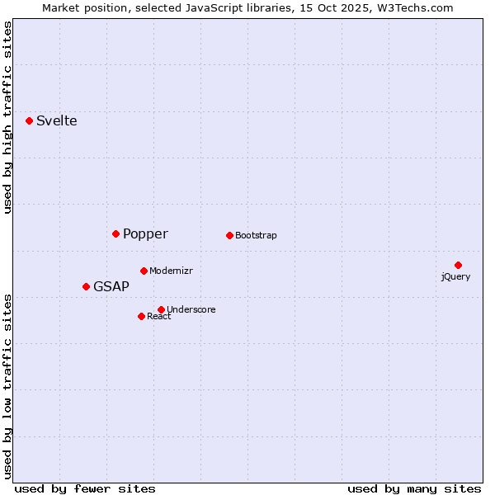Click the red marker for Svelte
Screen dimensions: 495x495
[x=30, y=120]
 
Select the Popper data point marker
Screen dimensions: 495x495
[x=116, y=233]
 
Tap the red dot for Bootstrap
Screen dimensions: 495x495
[x=229, y=235]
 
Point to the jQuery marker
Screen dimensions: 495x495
[x=458, y=265]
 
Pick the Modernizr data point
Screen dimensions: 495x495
[x=144, y=271]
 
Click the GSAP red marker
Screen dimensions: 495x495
[x=86, y=286]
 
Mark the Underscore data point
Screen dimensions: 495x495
[x=161, y=309]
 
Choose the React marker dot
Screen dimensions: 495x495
[x=141, y=316]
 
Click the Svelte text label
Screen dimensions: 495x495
[x=57, y=120]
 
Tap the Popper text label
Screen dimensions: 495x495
[x=145, y=233]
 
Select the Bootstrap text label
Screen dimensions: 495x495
[x=256, y=235]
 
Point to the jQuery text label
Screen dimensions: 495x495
[x=455, y=276]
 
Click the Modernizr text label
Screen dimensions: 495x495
[x=171, y=271]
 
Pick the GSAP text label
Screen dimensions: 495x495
[x=111, y=286]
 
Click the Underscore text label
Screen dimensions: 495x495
[x=191, y=309]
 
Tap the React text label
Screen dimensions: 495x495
[x=159, y=316]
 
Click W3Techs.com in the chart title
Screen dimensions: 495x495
[x=413, y=7]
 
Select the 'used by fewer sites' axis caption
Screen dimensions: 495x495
[x=85, y=488]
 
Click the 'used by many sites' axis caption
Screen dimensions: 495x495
[x=414, y=488]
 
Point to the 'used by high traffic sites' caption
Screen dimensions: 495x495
[x=7, y=117]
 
